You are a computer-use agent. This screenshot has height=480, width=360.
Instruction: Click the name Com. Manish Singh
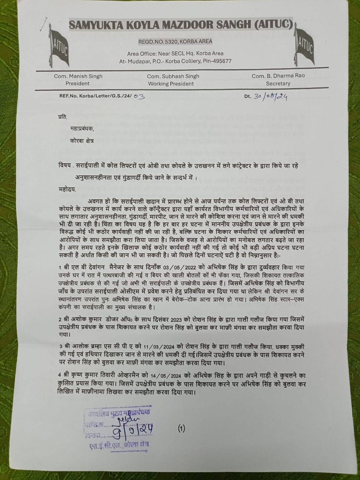[x=78, y=76]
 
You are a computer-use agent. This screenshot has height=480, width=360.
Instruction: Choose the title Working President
[x=171, y=84]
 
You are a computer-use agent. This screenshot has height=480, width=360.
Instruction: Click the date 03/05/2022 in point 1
[x=172, y=268]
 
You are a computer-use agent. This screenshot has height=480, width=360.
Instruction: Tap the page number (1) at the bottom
[x=182, y=429]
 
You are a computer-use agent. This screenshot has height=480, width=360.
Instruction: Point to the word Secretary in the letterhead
[x=278, y=83]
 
